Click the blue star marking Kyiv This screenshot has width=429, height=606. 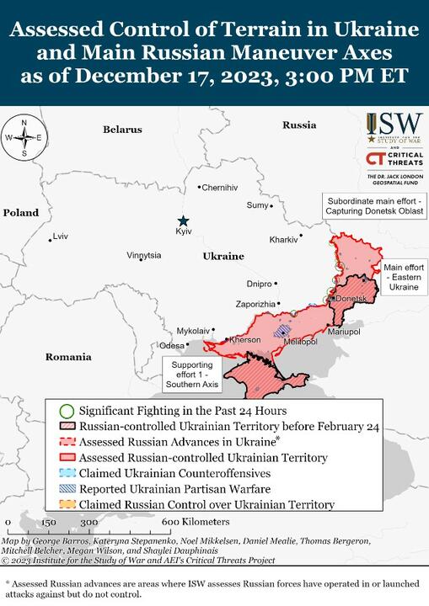(x=183, y=220)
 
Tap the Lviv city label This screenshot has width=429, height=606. (x=61, y=237)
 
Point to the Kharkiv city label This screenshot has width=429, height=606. (x=283, y=240)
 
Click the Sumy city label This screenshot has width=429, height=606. (x=257, y=205)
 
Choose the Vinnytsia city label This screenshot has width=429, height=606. (x=143, y=255)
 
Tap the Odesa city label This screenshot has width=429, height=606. (x=171, y=345)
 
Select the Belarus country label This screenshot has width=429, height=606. (x=123, y=130)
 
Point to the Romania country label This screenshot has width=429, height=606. (x=68, y=357)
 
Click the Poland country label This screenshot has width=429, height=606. (x=21, y=213)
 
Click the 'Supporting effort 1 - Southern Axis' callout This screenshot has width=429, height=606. (x=192, y=375)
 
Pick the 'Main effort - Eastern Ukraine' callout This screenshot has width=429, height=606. (x=402, y=276)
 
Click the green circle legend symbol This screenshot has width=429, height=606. (x=67, y=410)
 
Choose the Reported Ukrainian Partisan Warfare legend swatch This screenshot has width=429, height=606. (x=67, y=489)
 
